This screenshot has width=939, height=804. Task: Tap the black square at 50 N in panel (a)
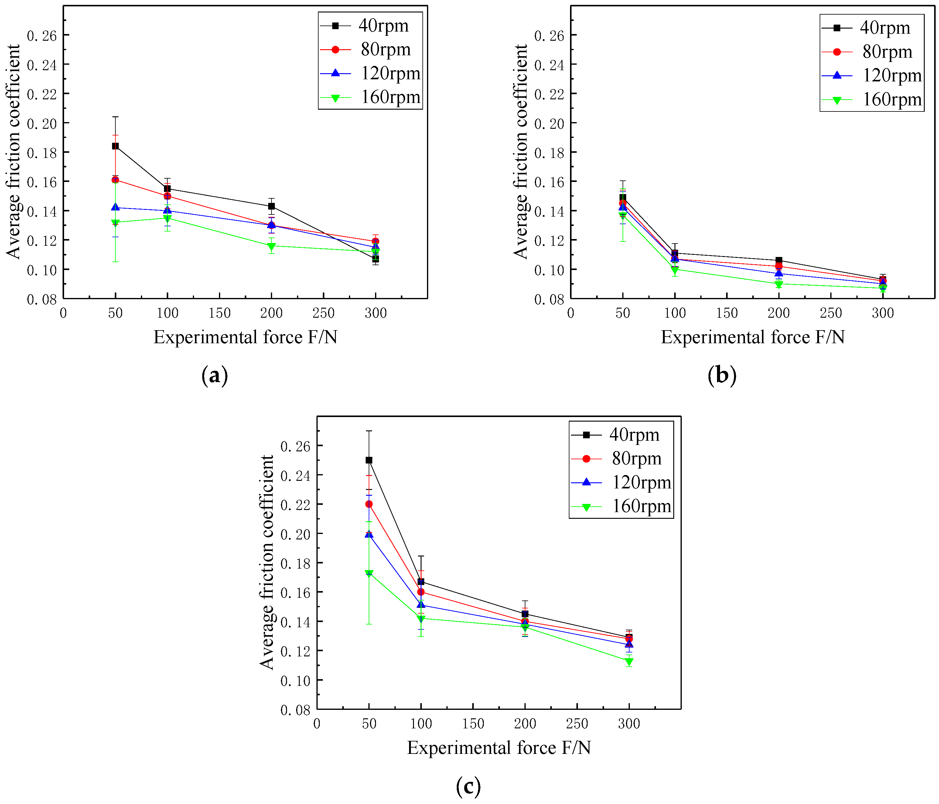click(x=116, y=146)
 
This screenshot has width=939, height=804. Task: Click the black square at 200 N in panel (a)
click(x=271, y=206)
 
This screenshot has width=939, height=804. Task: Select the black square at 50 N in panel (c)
click(x=369, y=460)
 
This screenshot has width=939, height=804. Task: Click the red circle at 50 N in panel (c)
click(x=369, y=504)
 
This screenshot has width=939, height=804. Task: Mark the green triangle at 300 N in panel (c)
click(x=629, y=661)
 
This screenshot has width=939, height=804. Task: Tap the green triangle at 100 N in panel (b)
click(x=675, y=270)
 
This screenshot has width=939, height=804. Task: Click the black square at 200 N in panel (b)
click(x=779, y=260)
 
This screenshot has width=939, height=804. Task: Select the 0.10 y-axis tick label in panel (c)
click(x=295, y=681)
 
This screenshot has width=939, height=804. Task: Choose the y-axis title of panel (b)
click(x=521, y=152)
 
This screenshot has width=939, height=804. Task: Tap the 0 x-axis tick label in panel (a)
click(x=63, y=313)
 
